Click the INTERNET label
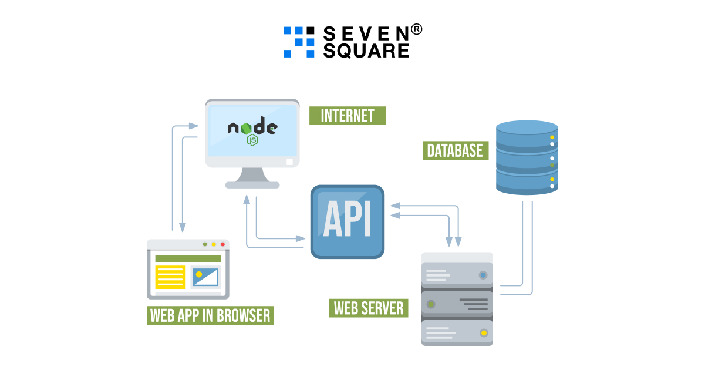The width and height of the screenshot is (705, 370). (348, 116)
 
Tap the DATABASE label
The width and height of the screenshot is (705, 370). (455, 150)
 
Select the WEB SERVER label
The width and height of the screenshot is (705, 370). (369, 308)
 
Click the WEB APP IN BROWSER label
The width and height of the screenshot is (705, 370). (210, 315)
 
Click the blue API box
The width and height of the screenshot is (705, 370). (348, 222)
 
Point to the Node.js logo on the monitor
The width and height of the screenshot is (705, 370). (252, 130)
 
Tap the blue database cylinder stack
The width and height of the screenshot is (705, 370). (527, 157)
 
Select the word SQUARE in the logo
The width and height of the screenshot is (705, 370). (366, 51)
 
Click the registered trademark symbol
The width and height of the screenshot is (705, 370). (416, 29)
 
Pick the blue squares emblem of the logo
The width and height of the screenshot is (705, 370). (299, 42)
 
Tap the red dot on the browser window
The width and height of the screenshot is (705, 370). (222, 244)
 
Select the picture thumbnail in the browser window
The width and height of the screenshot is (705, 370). (205, 277)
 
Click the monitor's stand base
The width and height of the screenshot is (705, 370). (252, 185)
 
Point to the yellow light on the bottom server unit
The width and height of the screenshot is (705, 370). (484, 334)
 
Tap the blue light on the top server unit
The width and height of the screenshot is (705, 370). (483, 274)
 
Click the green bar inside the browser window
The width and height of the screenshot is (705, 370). (188, 258)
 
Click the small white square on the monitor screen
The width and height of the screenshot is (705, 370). (289, 162)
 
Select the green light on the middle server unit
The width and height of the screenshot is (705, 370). (431, 304)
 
